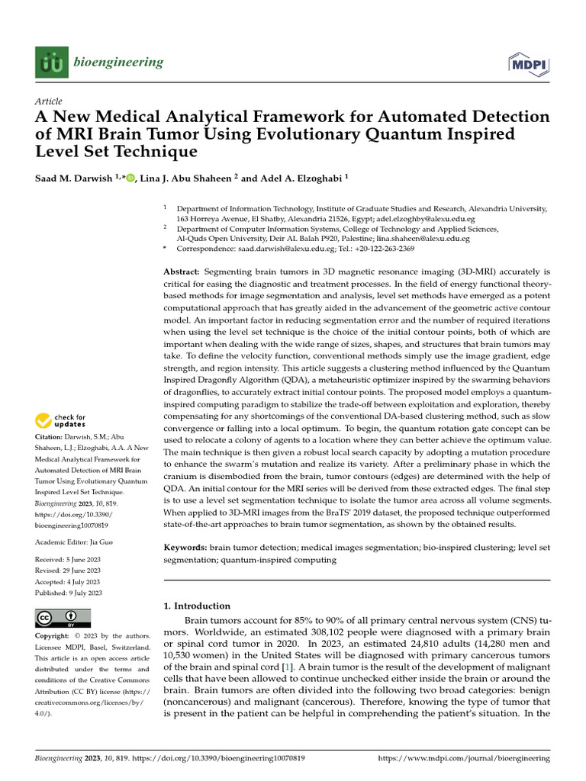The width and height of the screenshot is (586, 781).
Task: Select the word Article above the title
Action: tap(49, 101)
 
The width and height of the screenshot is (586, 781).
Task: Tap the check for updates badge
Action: tap(61, 420)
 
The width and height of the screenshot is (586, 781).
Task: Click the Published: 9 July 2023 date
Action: tap(69, 593)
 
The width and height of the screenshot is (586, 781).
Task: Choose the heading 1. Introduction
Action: tap(198, 606)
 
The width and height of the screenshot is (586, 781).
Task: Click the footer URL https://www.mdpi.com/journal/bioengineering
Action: tap(464, 759)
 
